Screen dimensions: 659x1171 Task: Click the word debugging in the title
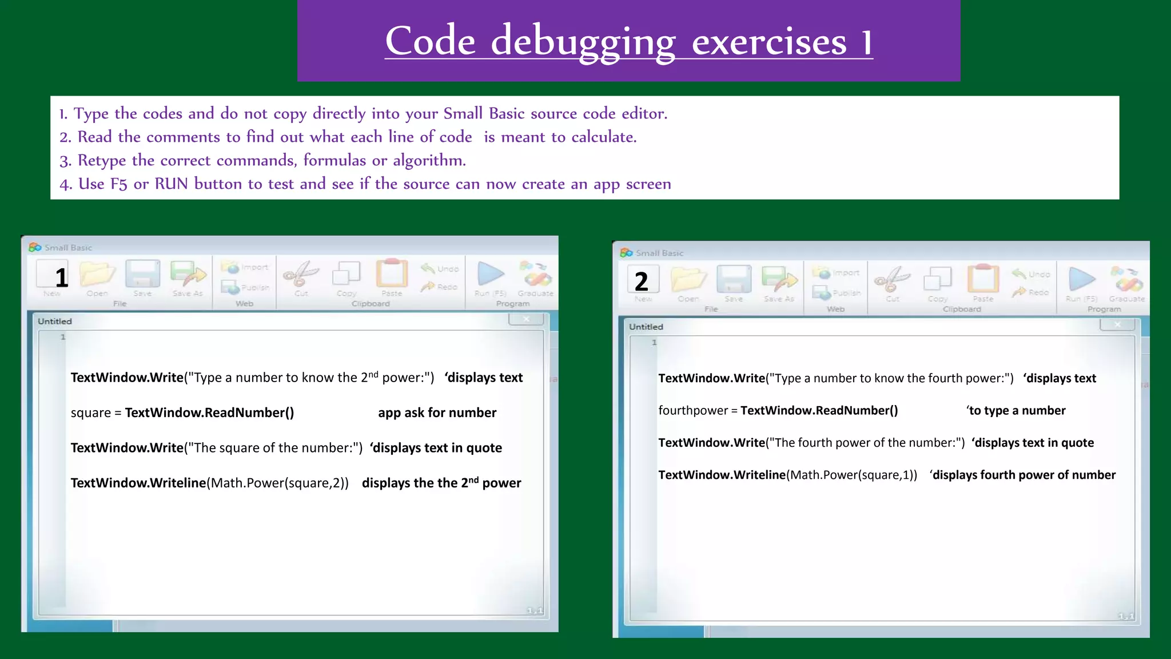click(x=583, y=42)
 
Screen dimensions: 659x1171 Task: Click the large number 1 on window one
click(x=61, y=278)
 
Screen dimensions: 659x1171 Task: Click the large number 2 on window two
click(x=641, y=281)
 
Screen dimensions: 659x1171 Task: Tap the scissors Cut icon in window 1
click(x=301, y=274)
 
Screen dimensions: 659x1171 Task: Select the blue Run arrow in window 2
click(x=1082, y=279)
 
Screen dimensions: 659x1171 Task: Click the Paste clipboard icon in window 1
click(x=392, y=273)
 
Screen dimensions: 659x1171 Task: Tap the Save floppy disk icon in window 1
click(x=142, y=273)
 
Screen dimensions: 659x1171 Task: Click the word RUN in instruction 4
click(x=171, y=184)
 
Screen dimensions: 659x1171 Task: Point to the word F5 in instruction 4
click(x=118, y=184)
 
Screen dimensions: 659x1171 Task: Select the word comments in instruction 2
click(x=183, y=137)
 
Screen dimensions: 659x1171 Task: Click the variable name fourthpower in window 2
click(x=693, y=411)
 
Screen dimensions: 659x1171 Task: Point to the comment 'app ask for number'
click(x=437, y=413)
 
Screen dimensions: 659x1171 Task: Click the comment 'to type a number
click(x=1016, y=411)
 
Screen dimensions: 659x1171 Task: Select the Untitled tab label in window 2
click(x=646, y=327)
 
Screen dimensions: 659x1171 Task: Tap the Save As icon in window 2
click(x=779, y=280)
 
